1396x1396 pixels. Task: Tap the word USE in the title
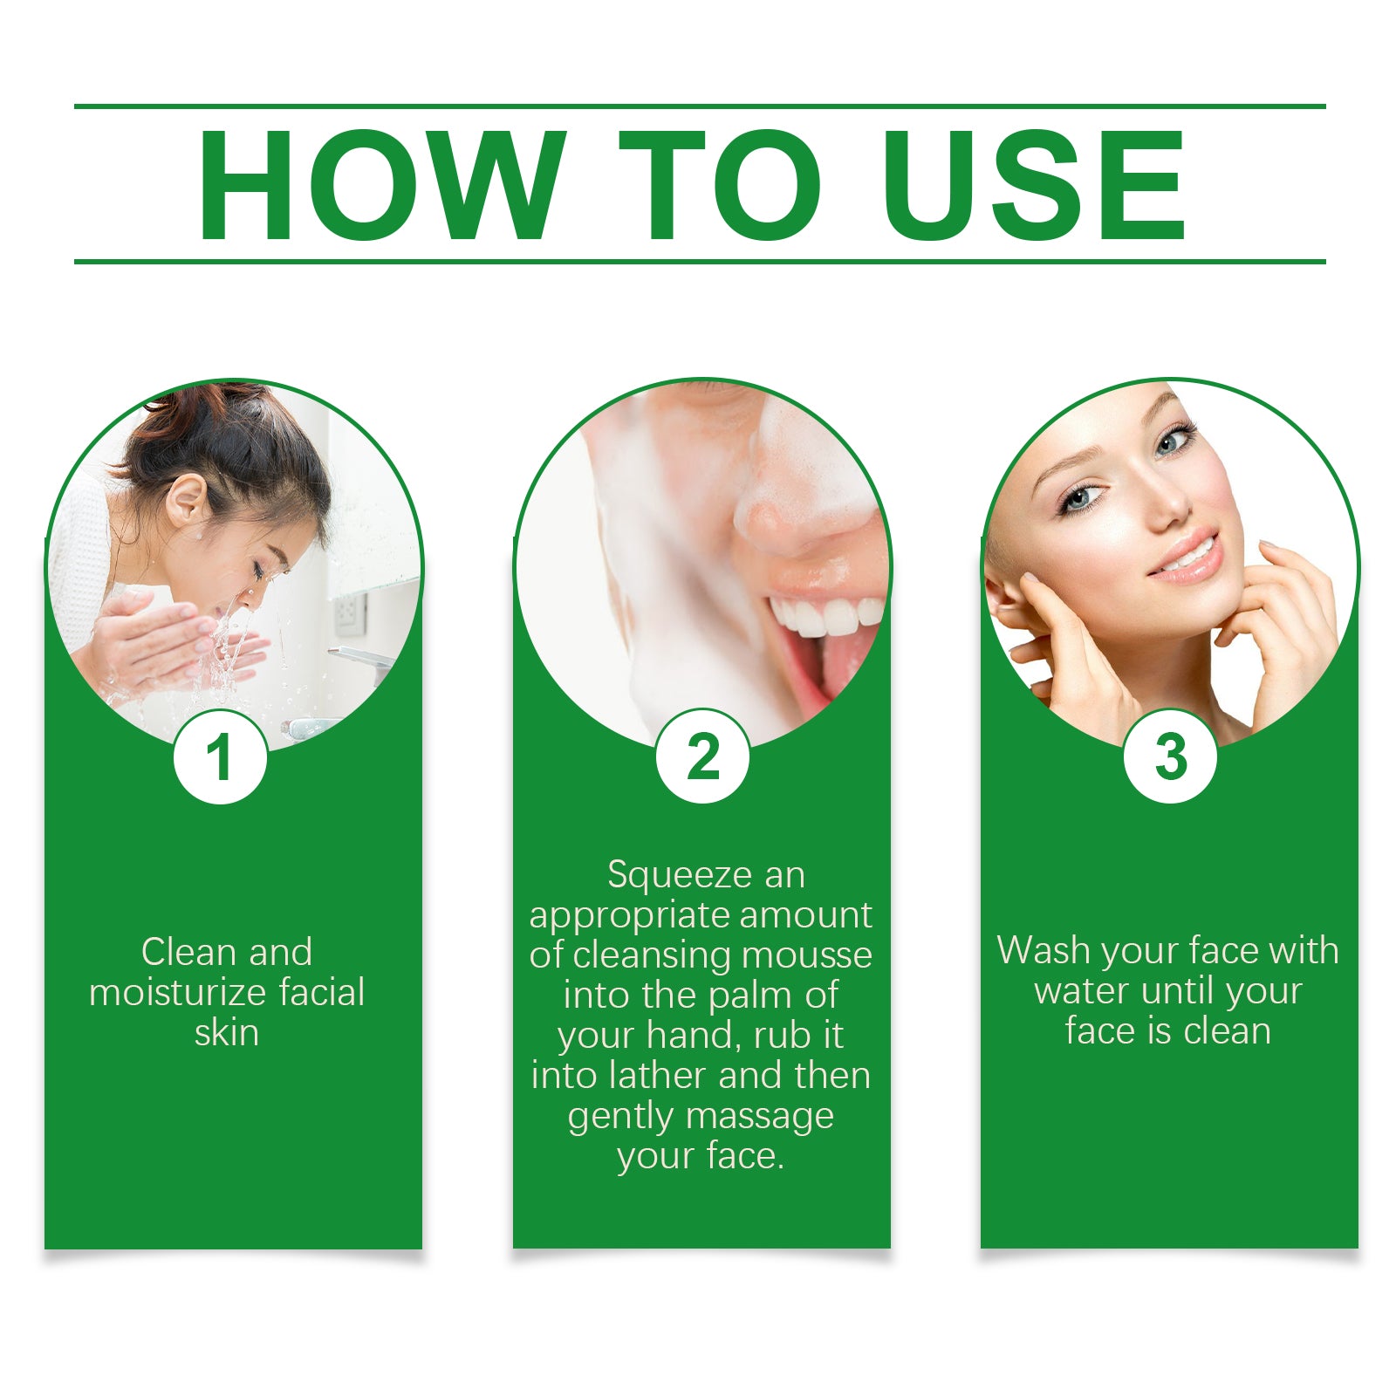[1034, 185]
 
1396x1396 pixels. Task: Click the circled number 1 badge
[220, 756]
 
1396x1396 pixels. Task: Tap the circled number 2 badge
[702, 756]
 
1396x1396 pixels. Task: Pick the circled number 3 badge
[1170, 756]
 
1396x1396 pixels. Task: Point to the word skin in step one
[226, 1033]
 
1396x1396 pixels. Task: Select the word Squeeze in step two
[667, 875]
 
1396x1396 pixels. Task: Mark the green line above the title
[698, 106]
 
